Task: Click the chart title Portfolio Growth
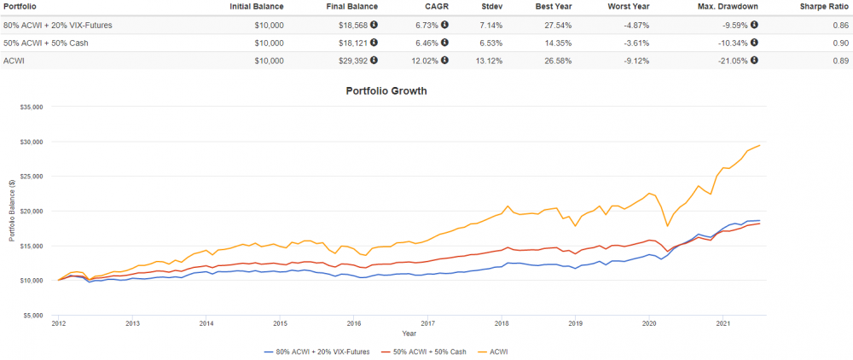tap(386, 90)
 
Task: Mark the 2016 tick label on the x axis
tap(354, 324)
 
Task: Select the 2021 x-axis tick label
tap(722, 324)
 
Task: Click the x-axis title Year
tap(409, 334)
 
